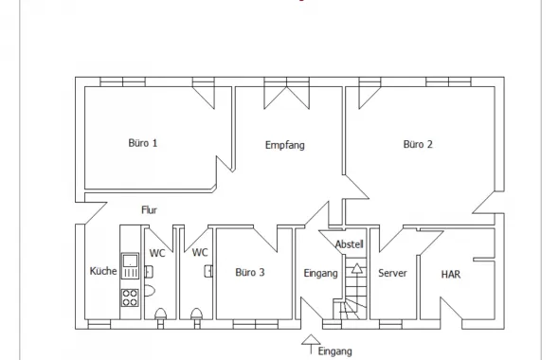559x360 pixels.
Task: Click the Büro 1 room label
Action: tap(143, 143)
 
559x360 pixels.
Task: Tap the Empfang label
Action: tap(285, 145)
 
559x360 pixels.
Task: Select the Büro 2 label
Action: tap(418, 144)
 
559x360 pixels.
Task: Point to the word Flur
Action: tap(149, 209)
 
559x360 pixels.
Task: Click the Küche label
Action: tap(103, 271)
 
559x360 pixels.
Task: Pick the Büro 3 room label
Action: tap(250, 272)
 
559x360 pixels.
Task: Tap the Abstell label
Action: tap(350, 244)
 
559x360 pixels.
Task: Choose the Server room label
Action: tap(392, 273)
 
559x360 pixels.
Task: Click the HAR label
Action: tap(451, 274)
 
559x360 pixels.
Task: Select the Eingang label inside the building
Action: tap(320, 273)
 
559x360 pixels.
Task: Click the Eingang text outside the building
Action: tap(334, 351)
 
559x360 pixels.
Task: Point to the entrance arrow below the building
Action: tap(311, 344)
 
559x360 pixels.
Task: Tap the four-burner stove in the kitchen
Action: tap(130, 297)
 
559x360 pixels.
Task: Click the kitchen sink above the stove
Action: tap(130, 265)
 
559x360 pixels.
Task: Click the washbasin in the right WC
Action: tap(208, 271)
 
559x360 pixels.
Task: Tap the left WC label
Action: tap(157, 253)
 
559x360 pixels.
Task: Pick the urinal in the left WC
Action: tap(149, 291)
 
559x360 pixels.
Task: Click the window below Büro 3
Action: tap(256, 324)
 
